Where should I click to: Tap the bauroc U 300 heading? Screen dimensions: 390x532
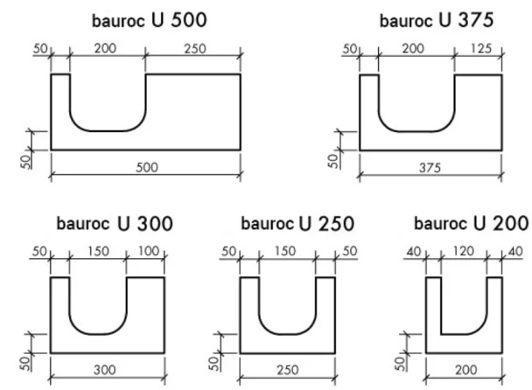point(115,224)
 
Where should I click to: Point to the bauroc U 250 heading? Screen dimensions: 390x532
point(297,225)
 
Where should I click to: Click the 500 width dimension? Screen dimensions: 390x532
point(146,167)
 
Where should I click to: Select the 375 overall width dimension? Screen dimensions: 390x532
point(430,167)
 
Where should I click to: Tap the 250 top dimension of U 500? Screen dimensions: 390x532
point(194,49)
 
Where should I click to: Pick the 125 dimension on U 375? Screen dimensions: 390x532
point(479,49)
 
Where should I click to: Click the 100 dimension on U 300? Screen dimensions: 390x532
point(147,252)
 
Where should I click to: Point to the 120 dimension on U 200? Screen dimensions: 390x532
point(464,252)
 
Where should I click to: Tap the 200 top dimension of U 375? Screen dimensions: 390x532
point(416,49)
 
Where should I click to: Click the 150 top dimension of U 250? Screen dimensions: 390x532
point(287,252)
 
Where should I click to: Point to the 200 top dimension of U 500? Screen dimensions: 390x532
point(107,49)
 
